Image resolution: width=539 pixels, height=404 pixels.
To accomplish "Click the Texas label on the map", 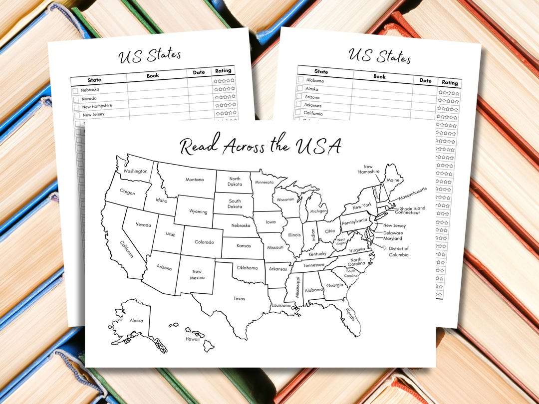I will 239,299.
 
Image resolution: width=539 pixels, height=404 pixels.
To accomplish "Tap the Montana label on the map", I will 194,180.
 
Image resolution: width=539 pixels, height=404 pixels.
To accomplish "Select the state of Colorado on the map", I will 204,242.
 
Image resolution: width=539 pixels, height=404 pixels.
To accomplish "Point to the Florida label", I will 350,315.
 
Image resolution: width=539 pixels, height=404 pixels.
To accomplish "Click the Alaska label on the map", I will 136,321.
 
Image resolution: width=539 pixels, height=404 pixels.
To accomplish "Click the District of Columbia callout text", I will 399,252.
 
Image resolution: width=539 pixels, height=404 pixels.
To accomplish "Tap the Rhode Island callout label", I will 412,208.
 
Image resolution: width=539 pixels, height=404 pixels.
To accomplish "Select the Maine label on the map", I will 393,180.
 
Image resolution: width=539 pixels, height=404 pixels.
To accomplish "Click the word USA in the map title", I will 318,146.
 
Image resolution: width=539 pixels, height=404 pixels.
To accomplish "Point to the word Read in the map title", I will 199,146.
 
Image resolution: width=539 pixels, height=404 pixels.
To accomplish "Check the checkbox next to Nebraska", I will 75,91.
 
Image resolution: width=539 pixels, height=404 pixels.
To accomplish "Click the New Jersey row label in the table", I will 94,115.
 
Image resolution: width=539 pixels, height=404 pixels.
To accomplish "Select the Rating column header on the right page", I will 450,83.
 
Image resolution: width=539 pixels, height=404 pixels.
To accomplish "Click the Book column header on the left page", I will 153,76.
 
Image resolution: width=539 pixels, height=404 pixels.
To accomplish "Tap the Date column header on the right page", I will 425,80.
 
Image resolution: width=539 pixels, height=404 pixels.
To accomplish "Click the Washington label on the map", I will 136,171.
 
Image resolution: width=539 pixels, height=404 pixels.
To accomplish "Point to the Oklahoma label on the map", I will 247,268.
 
